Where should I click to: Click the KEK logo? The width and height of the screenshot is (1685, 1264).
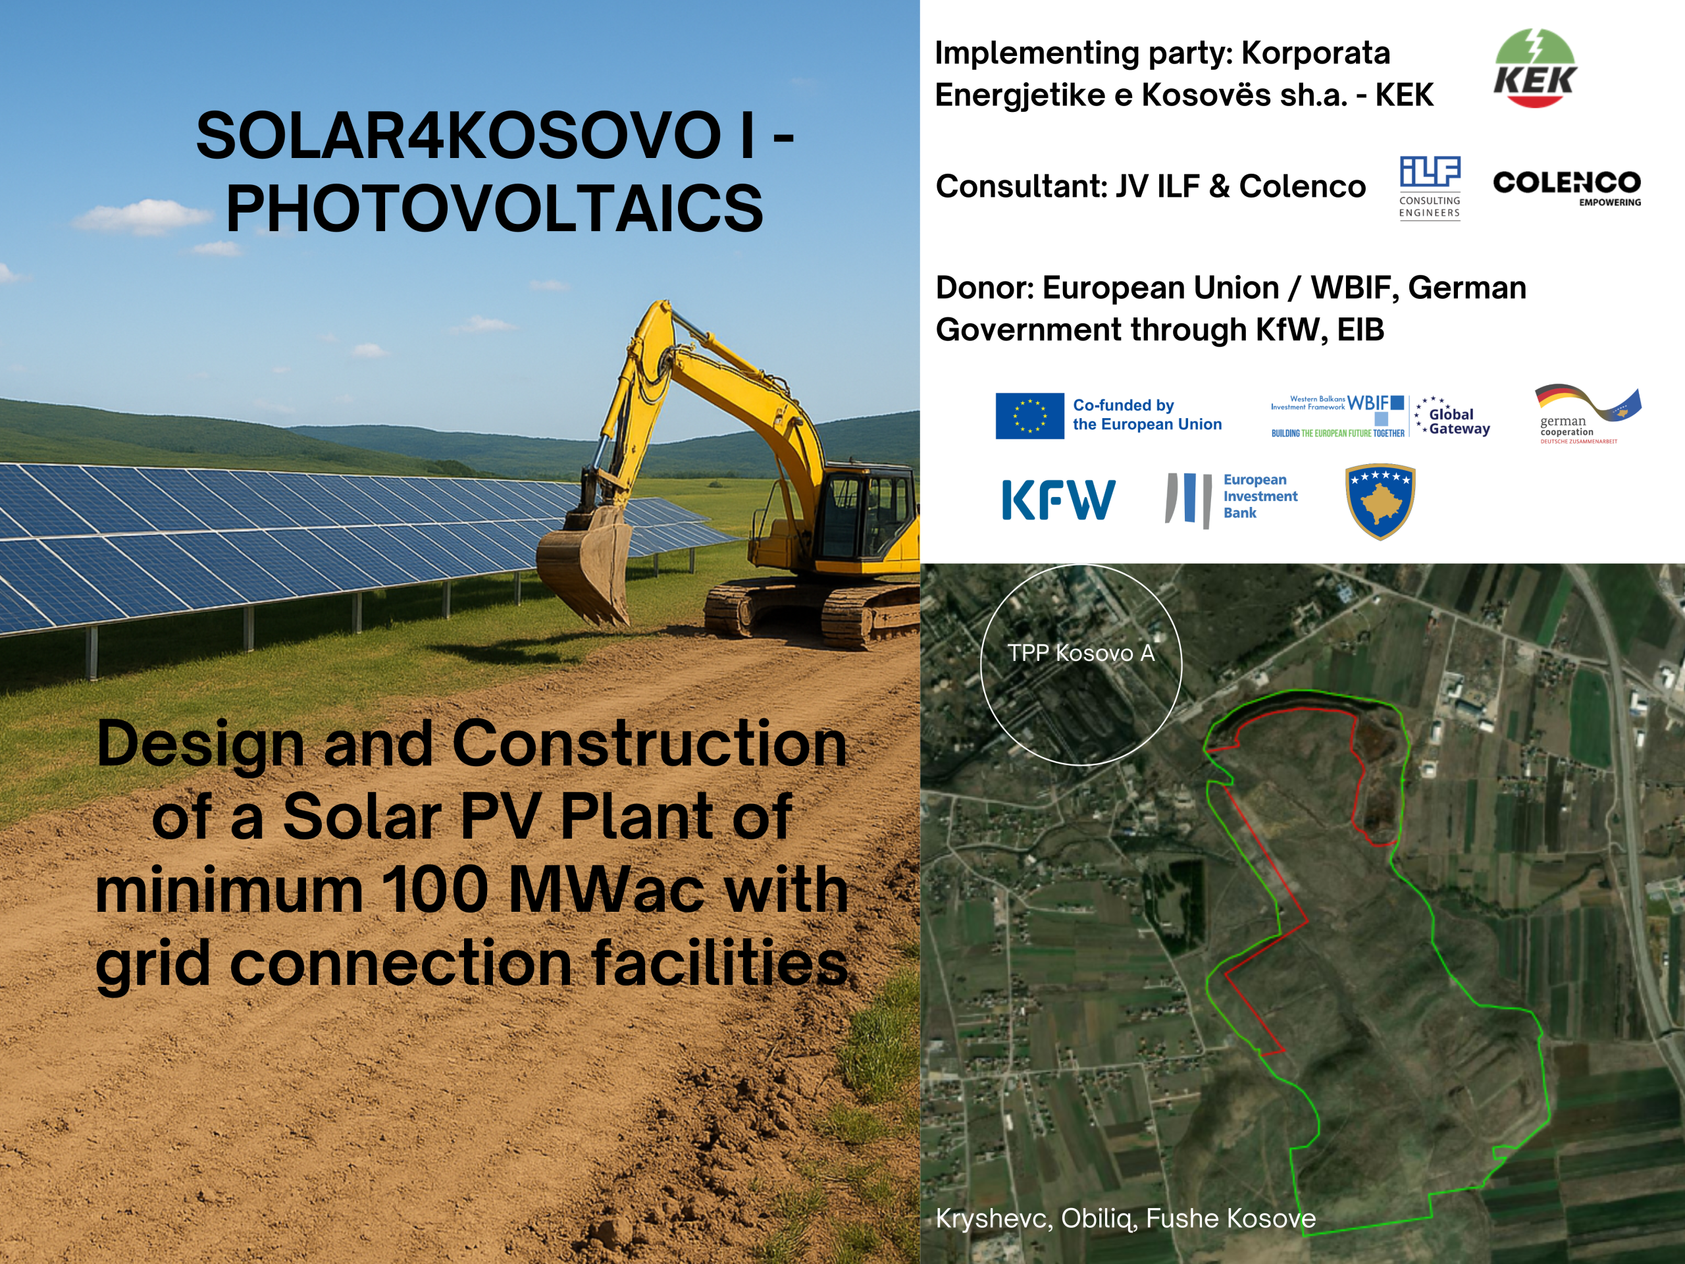pos(1535,68)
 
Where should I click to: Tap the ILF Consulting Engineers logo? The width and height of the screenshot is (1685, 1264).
pos(1430,188)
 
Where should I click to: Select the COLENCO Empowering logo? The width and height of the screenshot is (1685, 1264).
pos(1567,188)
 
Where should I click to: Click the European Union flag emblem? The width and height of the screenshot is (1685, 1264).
pos(1029,415)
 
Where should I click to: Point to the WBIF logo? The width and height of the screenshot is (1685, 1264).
pos(1337,416)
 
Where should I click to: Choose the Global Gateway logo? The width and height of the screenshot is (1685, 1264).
pos(1452,416)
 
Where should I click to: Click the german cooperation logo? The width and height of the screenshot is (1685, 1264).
pos(1588,413)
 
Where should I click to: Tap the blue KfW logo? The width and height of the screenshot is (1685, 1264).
pos(1058,500)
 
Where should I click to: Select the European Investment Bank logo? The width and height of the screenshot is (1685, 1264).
pos(1231,499)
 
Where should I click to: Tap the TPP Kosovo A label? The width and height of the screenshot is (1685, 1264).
pos(1081,653)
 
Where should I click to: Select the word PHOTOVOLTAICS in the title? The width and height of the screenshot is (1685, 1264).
pos(494,209)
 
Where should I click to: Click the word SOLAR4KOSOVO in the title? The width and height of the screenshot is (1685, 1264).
pos(459,136)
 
